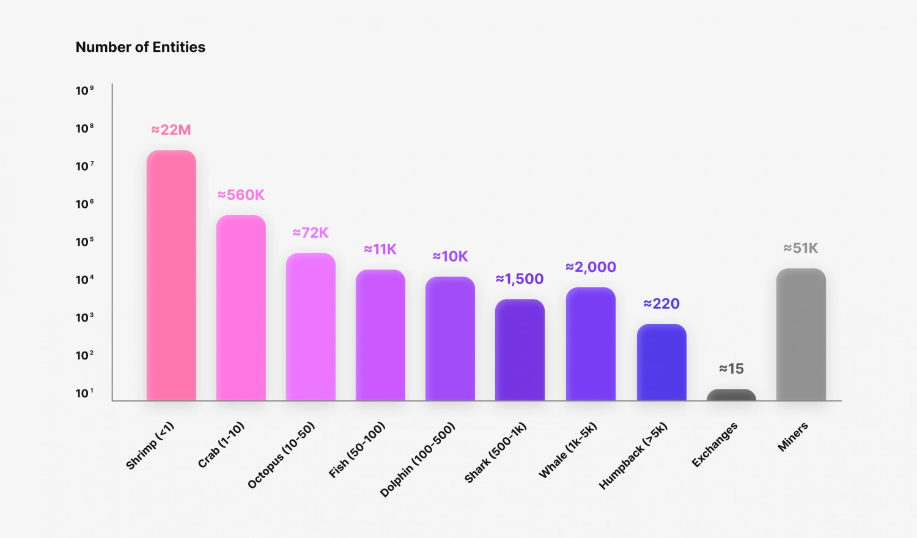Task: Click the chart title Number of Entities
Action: click(141, 47)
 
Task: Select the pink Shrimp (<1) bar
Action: click(171, 275)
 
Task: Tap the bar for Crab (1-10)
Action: click(241, 308)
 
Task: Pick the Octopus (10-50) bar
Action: click(311, 327)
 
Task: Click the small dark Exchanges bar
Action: click(731, 395)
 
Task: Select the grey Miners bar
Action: click(801, 334)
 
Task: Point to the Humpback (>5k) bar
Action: click(661, 363)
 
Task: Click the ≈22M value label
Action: click(171, 130)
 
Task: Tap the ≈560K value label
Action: click(241, 195)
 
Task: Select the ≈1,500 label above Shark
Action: click(520, 279)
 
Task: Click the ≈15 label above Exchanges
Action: click(731, 369)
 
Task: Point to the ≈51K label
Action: click(801, 248)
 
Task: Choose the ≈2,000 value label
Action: click(591, 267)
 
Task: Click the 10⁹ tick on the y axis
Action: click(84, 90)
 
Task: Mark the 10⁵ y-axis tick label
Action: click(84, 241)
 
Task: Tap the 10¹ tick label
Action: click(84, 393)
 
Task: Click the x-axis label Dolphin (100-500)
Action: click(418, 459)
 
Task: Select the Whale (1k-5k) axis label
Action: click(567, 450)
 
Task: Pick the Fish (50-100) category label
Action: click(357, 449)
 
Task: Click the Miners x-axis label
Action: click(793, 437)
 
